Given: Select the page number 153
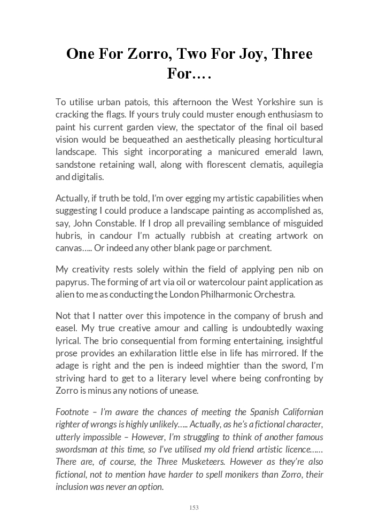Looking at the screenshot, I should pos(194,508).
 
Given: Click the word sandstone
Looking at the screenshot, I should pos(75,165).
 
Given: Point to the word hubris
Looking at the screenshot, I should pos(68,236).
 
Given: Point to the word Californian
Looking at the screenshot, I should pos(299,412).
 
